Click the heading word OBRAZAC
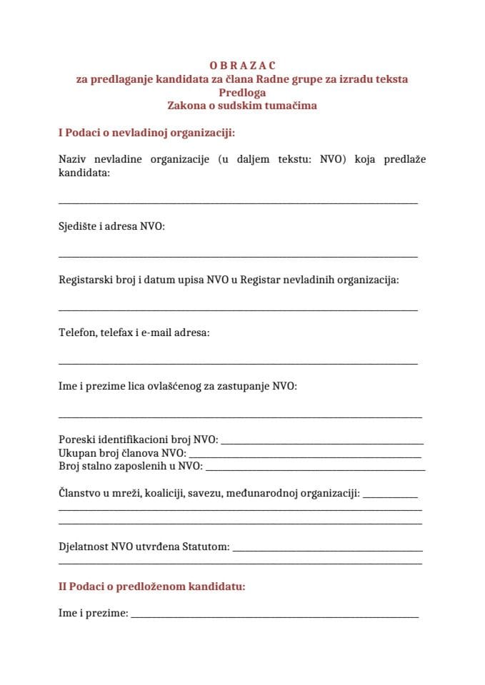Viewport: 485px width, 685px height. pyautogui.click(x=242, y=66)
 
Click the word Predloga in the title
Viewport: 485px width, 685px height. pyautogui.click(x=242, y=92)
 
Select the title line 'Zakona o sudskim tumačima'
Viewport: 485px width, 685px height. pyautogui.click(x=242, y=106)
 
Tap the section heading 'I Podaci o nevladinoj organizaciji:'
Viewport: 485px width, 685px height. pyautogui.click(x=146, y=133)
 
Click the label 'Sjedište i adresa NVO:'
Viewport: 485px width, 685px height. pyautogui.click(x=111, y=226)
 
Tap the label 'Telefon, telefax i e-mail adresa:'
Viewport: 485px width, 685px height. pyautogui.click(x=134, y=333)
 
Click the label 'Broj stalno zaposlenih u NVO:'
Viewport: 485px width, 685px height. pyautogui.click(x=130, y=467)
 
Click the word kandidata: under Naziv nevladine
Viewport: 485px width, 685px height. pyautogui.click(x=84, y=173)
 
